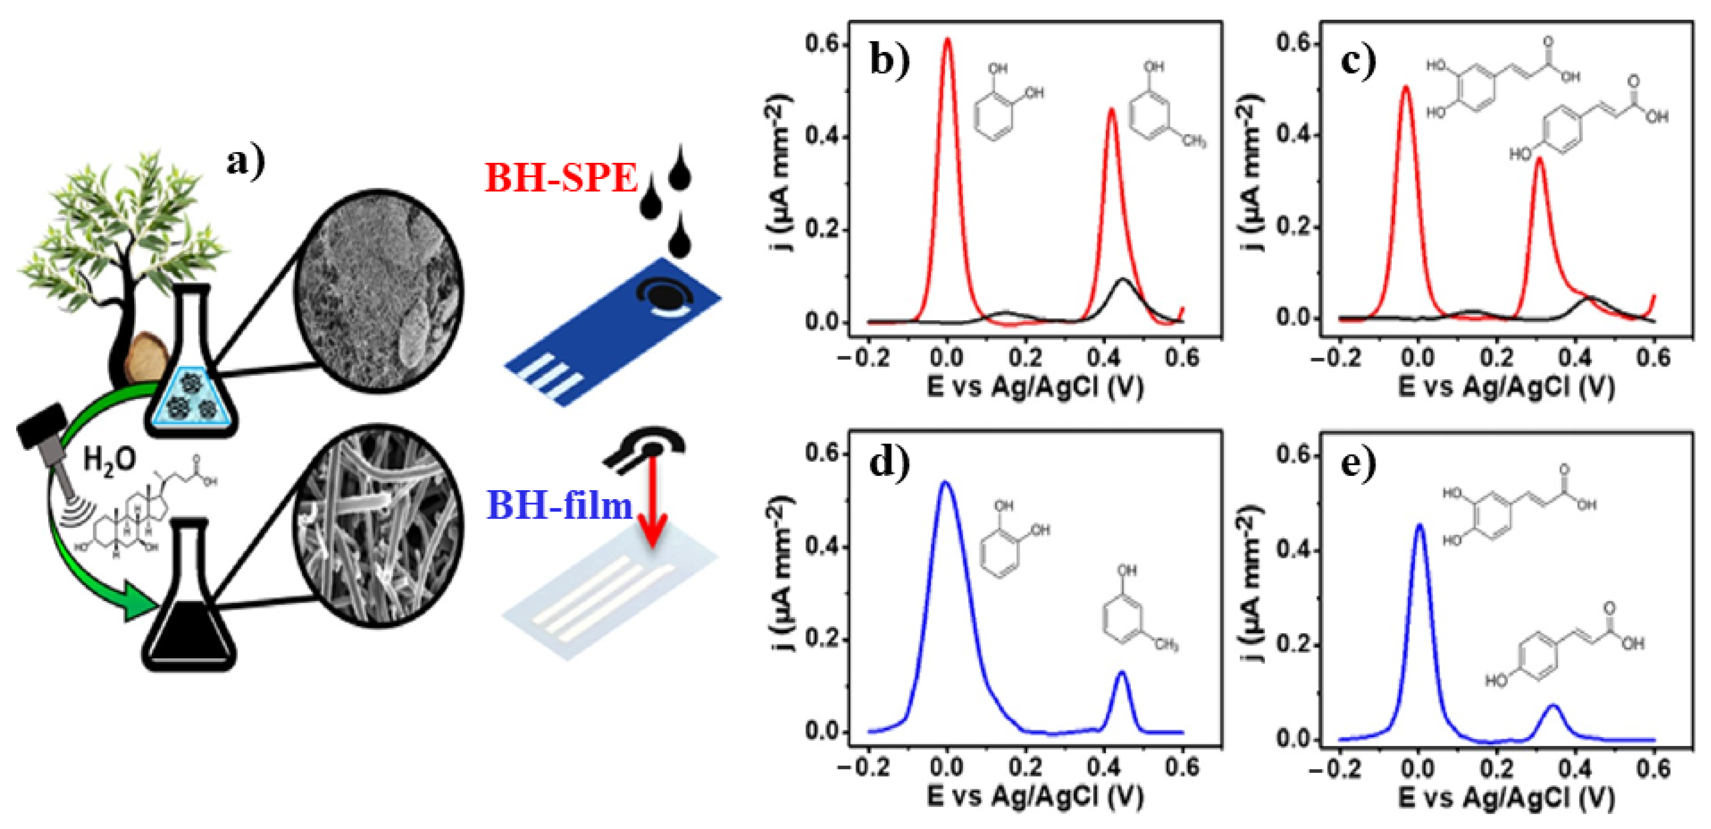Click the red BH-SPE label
[561, 178]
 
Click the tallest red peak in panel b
[947, 41]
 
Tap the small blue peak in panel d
[1122, 674]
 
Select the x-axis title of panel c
[1506, 387]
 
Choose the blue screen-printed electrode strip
[611, 332]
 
